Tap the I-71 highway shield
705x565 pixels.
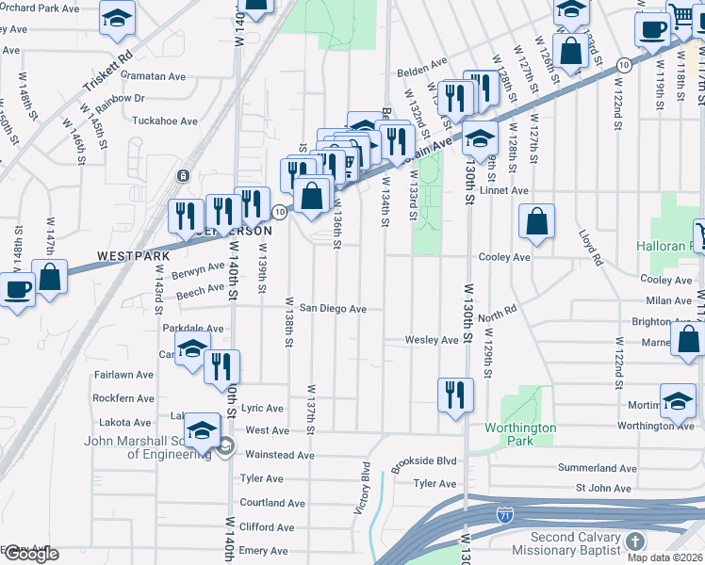505,515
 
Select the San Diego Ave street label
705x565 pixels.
333,309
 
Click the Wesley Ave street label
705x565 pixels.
431,340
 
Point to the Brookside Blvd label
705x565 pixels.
425,461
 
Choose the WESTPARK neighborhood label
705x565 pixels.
131,255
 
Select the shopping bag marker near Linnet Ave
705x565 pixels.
536,222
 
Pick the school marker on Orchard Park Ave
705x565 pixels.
117,19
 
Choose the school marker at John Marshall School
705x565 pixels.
203,429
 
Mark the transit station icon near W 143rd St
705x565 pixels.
183,176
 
